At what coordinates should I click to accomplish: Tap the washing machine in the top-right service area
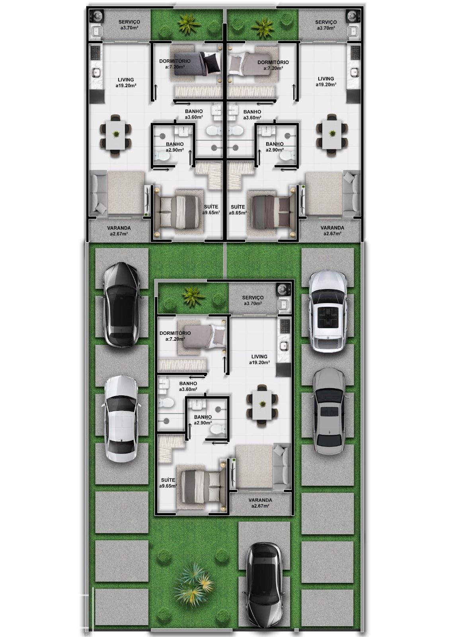click(352, 16)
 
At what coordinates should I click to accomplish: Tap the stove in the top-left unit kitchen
click(96, 52)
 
